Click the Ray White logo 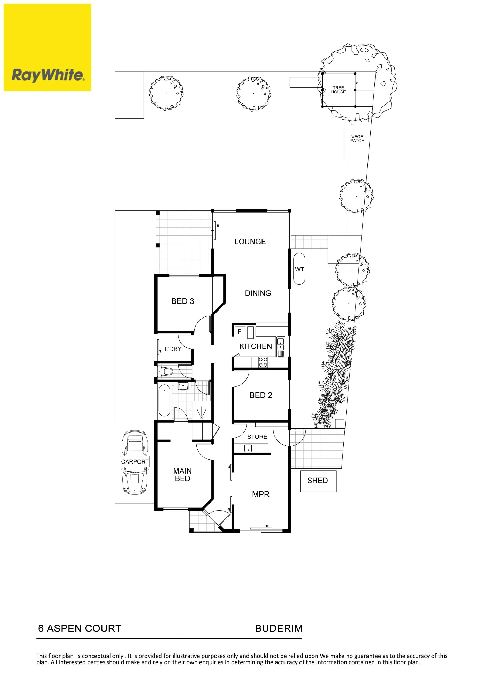click(x=47, y=47)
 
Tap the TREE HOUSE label click(x=338, y=90)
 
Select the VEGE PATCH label click(x=357, y=139)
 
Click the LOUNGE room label click(x=250, y=242)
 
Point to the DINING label click(x=258, y=293)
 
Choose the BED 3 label click(x=182, y=301)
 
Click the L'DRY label click(x=173, y=349)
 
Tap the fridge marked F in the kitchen click(x=240, y=331)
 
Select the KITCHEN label click(x=256, y=346)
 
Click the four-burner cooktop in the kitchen click(x=263, y=362)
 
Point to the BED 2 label click(x=260, y=395)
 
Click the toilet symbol click(x=165, y=372)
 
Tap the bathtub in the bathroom click(x=165, y=400)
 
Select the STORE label click(x=257, y=437)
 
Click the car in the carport click(x=135, y=462)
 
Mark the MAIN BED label click(x=182, y=475)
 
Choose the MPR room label click(x=261, y=494)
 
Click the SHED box click(x=318, y=481)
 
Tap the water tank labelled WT click(x=299, y=269)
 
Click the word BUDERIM click(x=279, y=628)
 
